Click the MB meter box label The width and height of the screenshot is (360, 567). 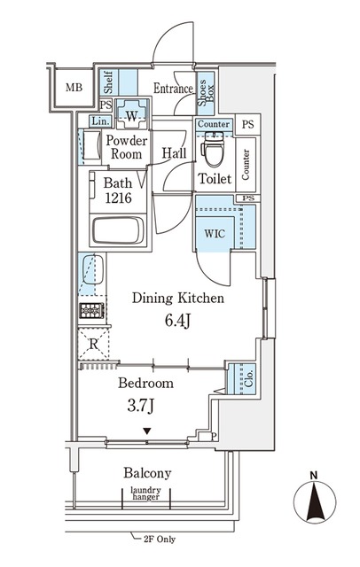[74, 88]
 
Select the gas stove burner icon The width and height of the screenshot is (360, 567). [91, 311]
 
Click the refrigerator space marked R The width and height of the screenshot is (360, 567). [93, 344]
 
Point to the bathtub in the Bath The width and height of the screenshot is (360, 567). [118, 230]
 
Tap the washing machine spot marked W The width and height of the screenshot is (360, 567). [132, 114]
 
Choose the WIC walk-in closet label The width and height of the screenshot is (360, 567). [215, 234]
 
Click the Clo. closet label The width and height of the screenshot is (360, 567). [248, 378]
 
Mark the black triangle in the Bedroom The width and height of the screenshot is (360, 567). [146, 431]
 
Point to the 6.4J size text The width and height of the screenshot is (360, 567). [177, 321]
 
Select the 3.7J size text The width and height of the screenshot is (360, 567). [141, 406]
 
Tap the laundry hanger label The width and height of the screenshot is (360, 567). [145, 493]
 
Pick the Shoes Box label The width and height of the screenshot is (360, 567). [206, 92]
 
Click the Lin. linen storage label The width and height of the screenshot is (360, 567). [100, 121]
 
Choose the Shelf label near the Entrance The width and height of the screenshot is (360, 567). [108, 82]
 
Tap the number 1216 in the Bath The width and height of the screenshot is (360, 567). [118, 198]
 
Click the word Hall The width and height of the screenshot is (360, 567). [174, 153]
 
